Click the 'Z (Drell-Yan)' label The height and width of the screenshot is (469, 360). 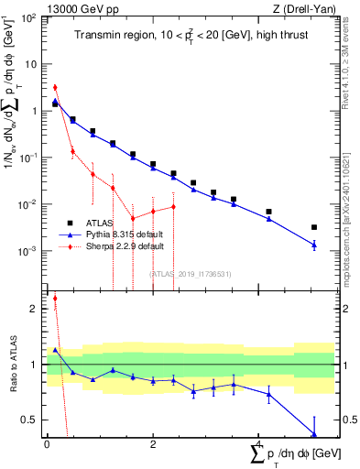coord(303,8)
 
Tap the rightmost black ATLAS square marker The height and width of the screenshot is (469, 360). coord(314,227)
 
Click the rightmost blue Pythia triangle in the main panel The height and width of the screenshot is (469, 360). coord(314,245)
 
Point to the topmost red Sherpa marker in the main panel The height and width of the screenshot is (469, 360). coord(55,88)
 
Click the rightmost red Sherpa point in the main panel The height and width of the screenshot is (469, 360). coord(173,206)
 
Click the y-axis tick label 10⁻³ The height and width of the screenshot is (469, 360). coord(28,251)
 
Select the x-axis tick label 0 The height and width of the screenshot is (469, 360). coord(47,443)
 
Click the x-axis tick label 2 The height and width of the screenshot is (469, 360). coord(153,443)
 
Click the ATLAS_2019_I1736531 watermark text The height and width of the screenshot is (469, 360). coord(191,273)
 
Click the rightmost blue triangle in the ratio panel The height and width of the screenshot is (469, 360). coord(314,434)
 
